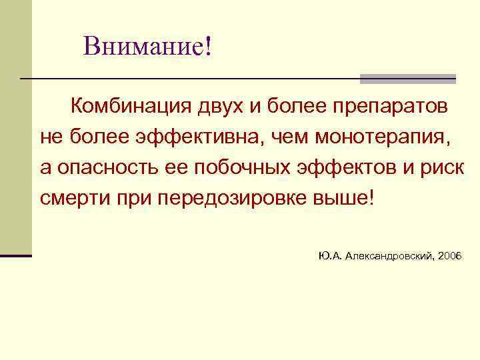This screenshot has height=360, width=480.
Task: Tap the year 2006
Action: [450, 256]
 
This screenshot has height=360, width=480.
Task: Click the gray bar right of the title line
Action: [407, 79]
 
